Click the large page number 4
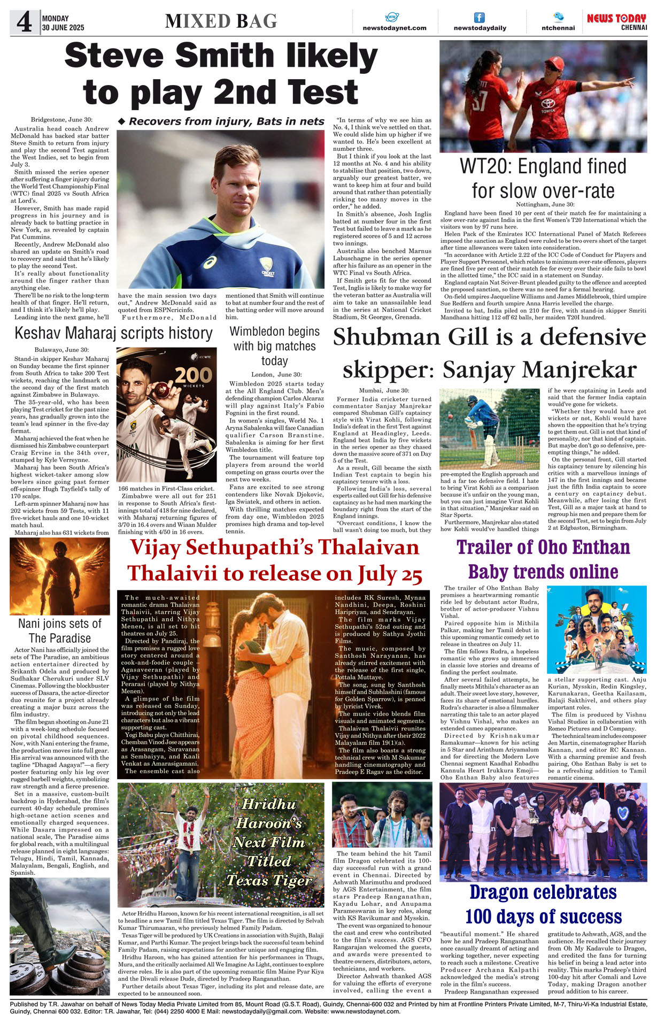pyautogui.click(x=24, y=22)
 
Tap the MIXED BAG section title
pyautogui.click(x=221, y=21)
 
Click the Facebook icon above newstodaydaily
pyautogui.click(x=480, y=18)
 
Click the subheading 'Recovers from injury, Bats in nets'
pyautogui.click(x=221, y=121)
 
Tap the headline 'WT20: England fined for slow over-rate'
pyautogui.click(x=543, y=179)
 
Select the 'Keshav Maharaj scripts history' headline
pyautogui.click(x=113, y=333)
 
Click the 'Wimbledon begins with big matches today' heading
pyautogui.click(x=274, y=346)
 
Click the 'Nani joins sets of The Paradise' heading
pyautogui.click(x=60, y=630)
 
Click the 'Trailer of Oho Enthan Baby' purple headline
pyautogui.click(x=543, y=547)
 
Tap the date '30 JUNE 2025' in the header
pyautogui.click(x=63, y=27)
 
